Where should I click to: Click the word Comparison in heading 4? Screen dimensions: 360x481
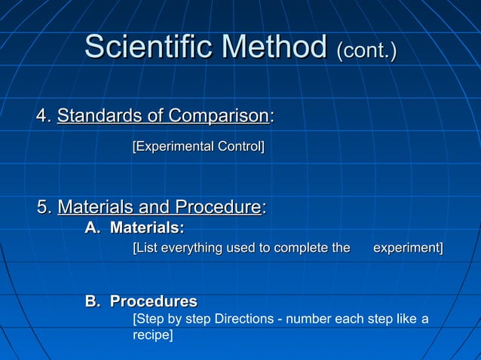coord(219,116)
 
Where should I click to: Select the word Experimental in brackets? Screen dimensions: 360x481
coord(173,145)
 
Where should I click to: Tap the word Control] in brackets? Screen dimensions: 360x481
coord(240,145)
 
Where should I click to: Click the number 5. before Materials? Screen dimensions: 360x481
coord(44,206)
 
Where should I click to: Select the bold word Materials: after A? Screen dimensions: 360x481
coord(147,227)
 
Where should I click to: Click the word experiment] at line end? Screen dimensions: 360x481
coord(408,248)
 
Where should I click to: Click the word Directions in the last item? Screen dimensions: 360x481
coord(244,319)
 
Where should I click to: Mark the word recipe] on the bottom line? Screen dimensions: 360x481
coord(152,334)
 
